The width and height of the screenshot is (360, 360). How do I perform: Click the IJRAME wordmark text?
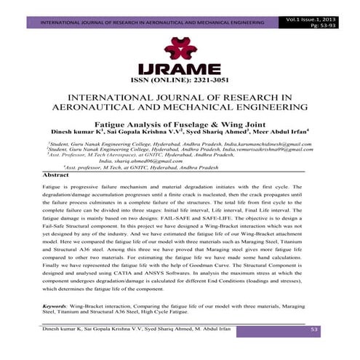pyautogui.click(x=180, y=67)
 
